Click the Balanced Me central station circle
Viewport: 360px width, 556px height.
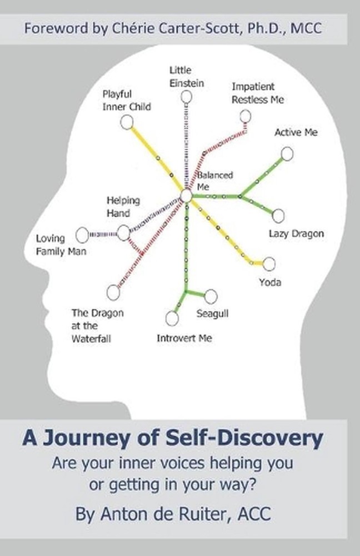(186, 196)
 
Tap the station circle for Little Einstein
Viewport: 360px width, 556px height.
(187, 97)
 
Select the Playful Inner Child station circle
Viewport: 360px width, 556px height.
(127, 122)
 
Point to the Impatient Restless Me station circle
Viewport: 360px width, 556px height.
(245, 116)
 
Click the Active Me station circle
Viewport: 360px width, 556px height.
(287, 154)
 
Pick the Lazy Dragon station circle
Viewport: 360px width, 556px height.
(278, 215)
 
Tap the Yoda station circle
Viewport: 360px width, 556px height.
(269, 264)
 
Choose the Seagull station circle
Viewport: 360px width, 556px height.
(211, 297)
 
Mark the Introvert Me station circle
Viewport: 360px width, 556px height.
(172, 318)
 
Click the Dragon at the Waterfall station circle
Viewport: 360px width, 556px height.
(113, 292)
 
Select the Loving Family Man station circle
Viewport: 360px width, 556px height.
(82, 235)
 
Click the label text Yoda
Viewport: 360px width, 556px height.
(270, 282)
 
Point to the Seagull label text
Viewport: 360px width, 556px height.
(212, 314)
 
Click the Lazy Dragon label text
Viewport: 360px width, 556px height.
(296, 234)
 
